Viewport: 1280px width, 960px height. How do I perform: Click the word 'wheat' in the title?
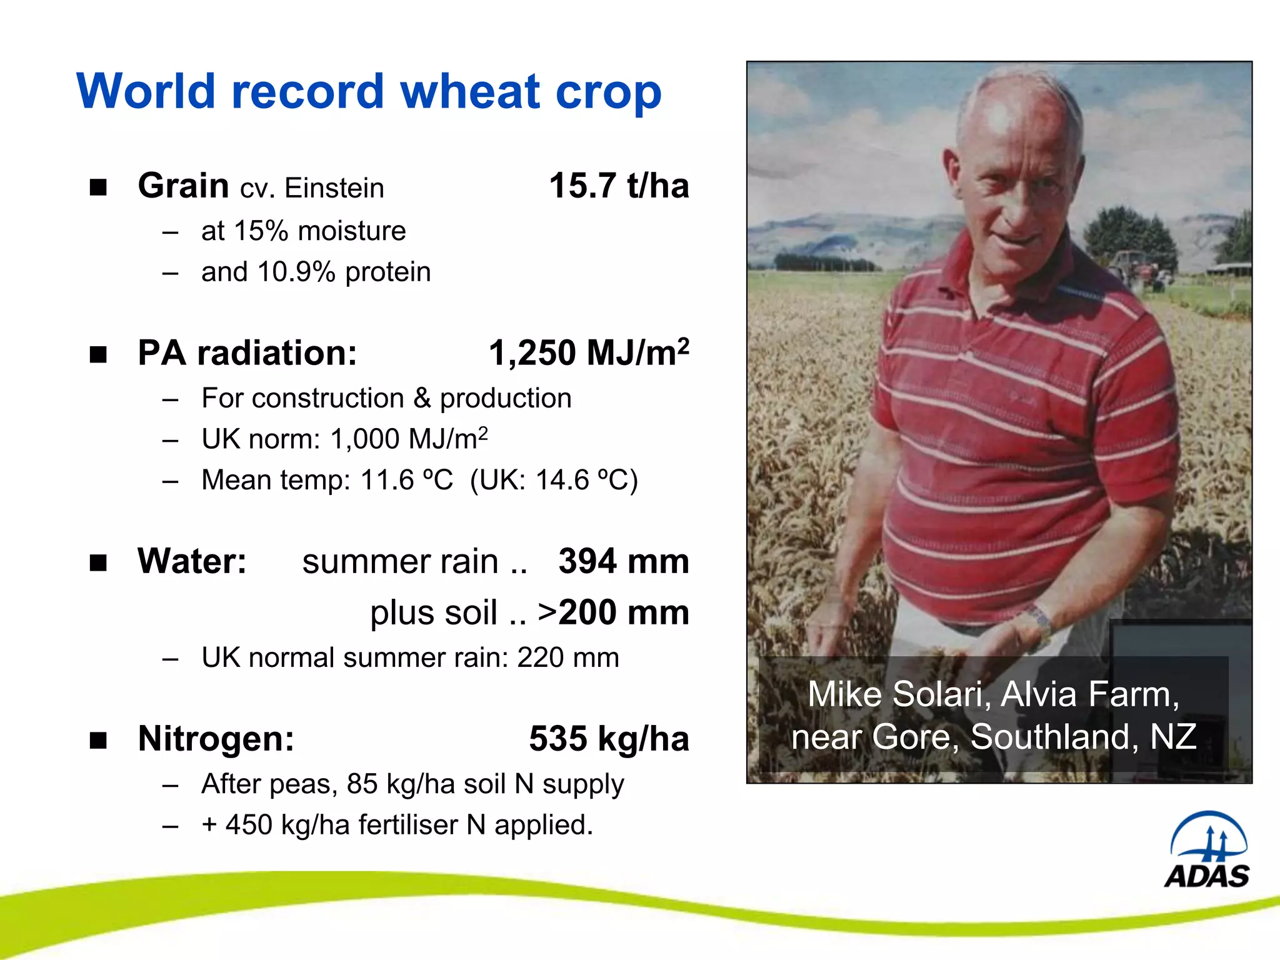pyautogui.click(x=470, y=92)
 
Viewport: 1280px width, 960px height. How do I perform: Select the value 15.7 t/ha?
pyautogui.click(x=619, y=186)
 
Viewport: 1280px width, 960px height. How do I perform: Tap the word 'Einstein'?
pyautogui.click(x=334, y=188)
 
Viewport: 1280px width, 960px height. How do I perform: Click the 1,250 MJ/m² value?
pyautogui.click(x=589, y=352)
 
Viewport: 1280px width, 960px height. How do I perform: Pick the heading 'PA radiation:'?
pyautogui.click(x=247, y=353)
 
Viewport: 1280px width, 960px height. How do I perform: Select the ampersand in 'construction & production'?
pyautogui.click(x=422, y=399)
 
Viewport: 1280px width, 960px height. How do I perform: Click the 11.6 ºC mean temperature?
pyautogui.click(x=406, y=481)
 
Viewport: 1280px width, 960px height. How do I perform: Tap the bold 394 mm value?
pyautogui.click(x=623, y=561)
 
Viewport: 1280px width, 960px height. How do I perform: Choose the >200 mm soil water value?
pyautogui.click(x=613, y=612)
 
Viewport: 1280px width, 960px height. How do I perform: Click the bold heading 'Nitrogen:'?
pyautogui.click(x=216, y=739)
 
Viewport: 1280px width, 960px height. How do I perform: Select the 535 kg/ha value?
pyautogui.click(x=609, y=739)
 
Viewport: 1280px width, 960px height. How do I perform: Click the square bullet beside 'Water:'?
pyautogui.click(x=98, y=562)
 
